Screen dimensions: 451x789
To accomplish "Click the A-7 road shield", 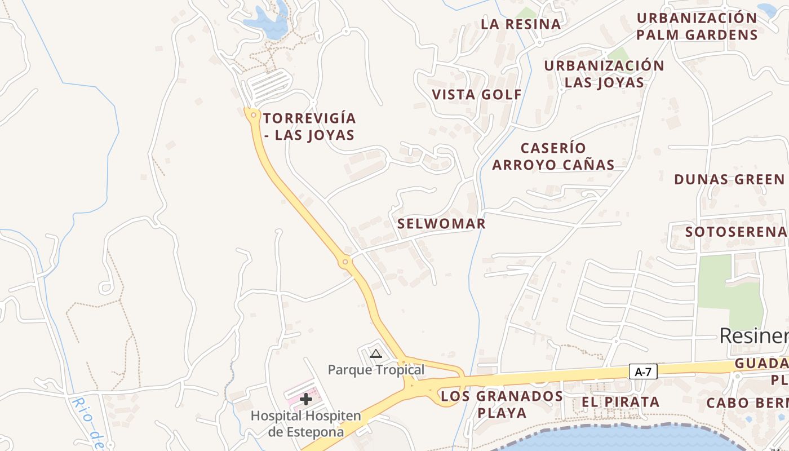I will coord(643,372).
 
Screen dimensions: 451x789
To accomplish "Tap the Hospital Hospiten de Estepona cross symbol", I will coord(306,399).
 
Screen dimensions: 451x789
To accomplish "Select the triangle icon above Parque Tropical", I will coord(375,354).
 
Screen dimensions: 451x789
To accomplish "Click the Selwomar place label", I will coord(441,223).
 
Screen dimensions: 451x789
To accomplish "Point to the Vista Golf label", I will coord(477,94).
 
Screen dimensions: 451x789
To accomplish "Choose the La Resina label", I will coord(521,24).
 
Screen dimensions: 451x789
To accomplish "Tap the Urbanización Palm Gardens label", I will coord(697,26).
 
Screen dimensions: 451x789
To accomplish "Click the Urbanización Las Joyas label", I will coord(604,74).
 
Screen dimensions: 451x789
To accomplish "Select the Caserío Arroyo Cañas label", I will coord(553,156).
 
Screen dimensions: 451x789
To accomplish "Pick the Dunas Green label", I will coord(729,179).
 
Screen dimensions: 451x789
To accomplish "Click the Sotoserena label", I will coord(735,232).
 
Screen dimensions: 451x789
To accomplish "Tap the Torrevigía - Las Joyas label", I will coord(309,127).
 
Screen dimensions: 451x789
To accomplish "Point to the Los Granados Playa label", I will coord(502,404).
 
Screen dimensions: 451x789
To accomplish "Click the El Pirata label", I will coord(620,402).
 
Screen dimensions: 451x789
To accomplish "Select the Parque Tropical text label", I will coord(376,370).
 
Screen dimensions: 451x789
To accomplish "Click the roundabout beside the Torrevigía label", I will coord(254,116).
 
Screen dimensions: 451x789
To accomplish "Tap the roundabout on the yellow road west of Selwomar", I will coord(345,262).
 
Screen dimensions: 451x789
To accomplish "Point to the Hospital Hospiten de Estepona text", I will coord(305,424).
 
